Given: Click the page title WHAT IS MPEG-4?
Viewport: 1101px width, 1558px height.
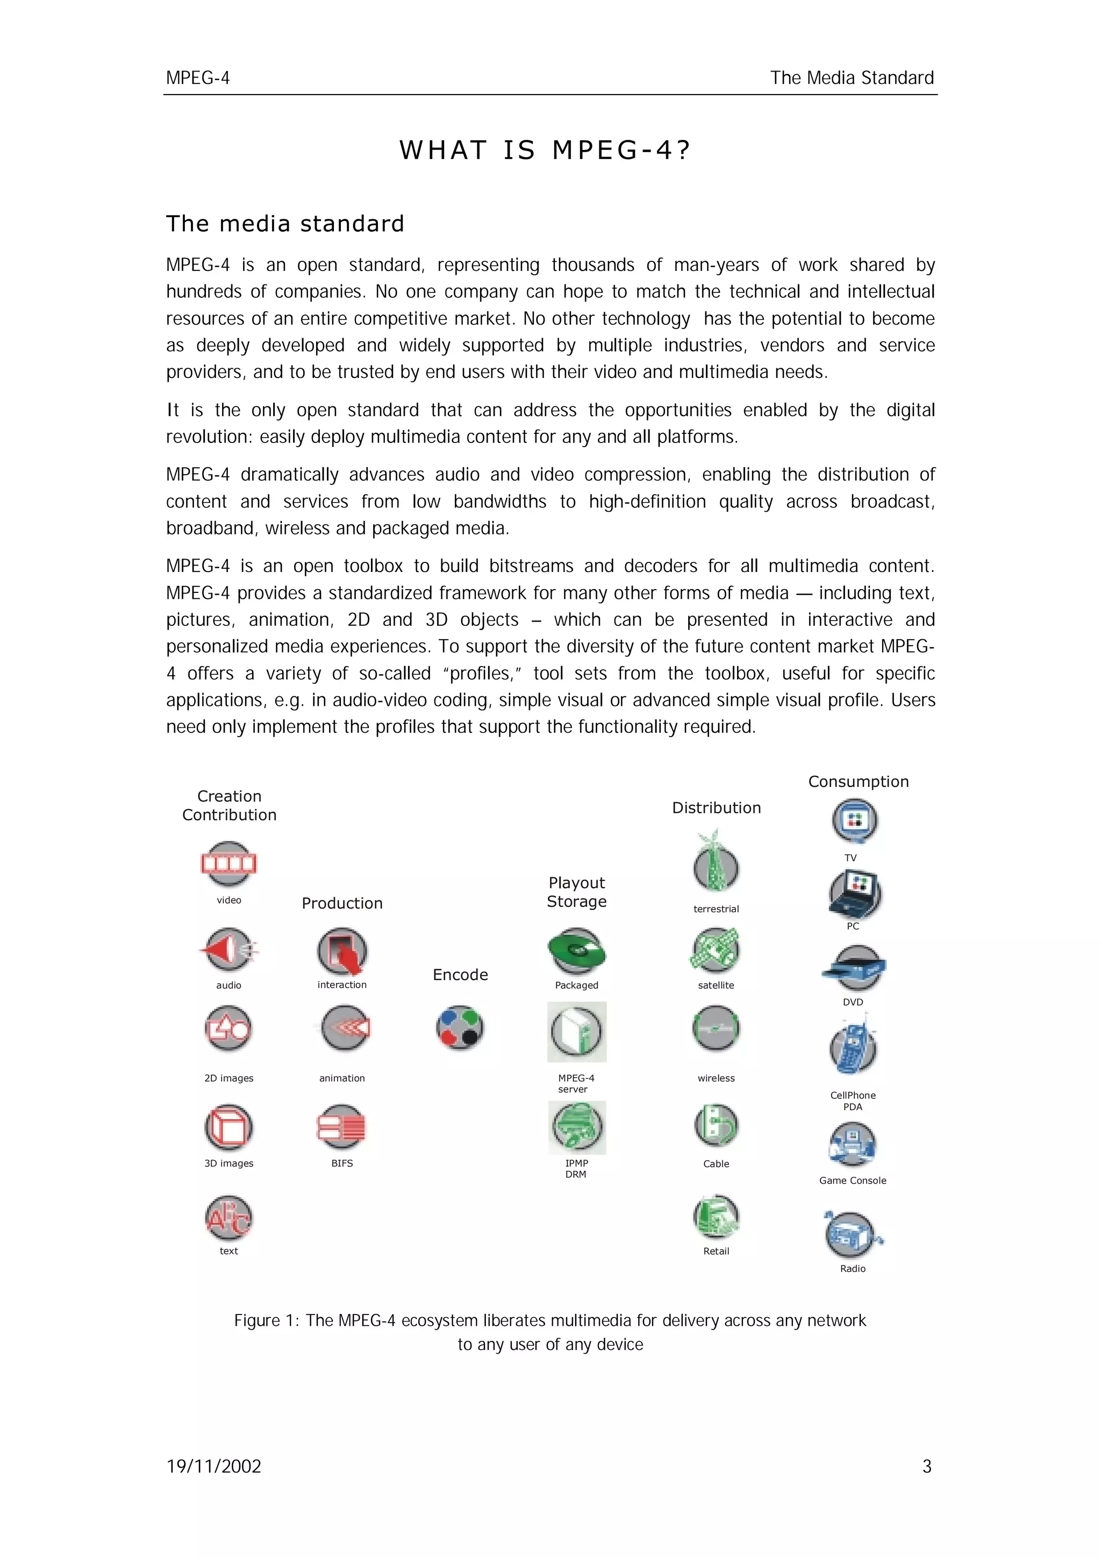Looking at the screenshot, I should (x=545, y=150).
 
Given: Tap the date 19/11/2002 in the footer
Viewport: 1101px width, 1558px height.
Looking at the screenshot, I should (x=213, y=1467).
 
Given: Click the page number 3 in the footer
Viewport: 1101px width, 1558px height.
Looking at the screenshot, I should (x=927, y=1467).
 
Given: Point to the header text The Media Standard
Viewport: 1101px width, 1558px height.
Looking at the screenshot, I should (x=852, y=78).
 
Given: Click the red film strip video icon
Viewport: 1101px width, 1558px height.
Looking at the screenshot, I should (x=228, y=864).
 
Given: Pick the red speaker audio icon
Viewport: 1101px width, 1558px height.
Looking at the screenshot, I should (x=228, y=949).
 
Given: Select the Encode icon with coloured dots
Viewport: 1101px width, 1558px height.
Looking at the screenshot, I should (x=460, y=1028).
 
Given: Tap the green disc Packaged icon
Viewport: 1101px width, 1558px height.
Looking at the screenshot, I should (x=577, y=952).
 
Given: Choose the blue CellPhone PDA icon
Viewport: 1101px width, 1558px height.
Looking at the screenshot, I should (x=853, y=1048).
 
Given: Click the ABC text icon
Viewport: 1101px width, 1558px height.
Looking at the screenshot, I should (x=228, y=1218).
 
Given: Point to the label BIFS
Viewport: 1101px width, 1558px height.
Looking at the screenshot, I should (x=342, y=1163).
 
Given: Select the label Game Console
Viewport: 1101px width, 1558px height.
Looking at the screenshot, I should (x=853, y=1180).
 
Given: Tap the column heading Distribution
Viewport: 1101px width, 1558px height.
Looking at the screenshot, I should (x=717, y=807).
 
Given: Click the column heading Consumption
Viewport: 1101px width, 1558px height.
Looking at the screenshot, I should (x=858, y=782).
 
